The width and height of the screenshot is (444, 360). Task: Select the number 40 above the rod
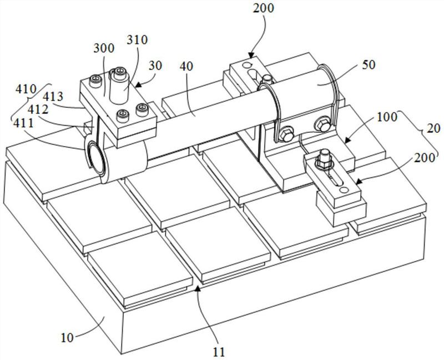(186, 65)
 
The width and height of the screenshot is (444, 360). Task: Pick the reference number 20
(433, 128)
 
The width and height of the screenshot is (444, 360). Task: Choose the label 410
(26, 89)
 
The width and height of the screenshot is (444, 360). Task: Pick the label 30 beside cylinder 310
(156, 66)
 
